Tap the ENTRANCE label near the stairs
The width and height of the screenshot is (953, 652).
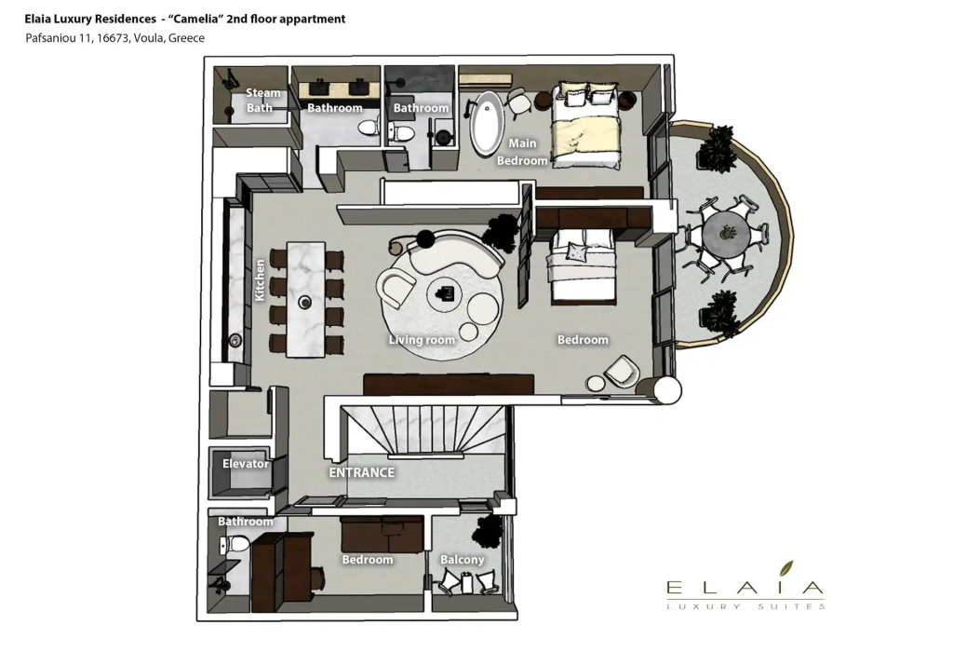(362, 472)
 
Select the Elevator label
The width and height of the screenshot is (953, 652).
(246, 464)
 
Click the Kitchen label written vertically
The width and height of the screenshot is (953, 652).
(260, 279)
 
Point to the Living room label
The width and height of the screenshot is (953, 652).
(422, 340)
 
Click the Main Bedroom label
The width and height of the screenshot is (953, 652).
(522, 152)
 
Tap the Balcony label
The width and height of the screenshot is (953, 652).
(463, 560)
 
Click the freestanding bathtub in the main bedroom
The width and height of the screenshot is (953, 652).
(488, 124)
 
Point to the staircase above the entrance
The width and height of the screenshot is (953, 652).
(423, 430)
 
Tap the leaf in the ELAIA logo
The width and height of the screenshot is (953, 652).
(786, 568)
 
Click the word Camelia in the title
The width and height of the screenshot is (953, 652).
(194, 19)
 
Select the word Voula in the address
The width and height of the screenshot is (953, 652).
(148, 37)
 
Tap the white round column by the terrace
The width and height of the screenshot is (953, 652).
(666, 389)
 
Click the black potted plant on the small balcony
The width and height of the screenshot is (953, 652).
(488, 530)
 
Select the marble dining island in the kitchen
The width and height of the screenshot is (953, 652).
(305, 299)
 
